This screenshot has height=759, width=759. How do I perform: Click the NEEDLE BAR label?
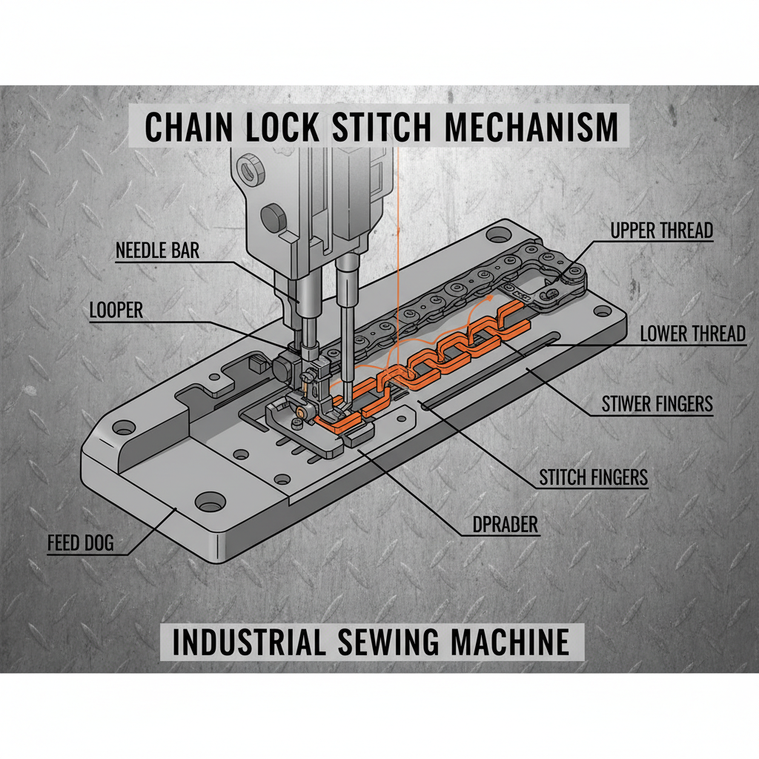click(157, 251)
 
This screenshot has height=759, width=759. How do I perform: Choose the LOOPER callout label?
click(116, 310)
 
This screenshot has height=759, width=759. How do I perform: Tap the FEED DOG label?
click(81, 543)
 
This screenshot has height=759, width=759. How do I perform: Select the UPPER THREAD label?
click(661, 231)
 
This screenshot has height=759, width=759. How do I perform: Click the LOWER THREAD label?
click(692, 334)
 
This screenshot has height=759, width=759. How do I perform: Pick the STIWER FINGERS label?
click(656, 404)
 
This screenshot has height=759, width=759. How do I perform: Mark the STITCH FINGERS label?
click(593, 477)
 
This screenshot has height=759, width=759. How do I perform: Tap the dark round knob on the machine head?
click(274, 217)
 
